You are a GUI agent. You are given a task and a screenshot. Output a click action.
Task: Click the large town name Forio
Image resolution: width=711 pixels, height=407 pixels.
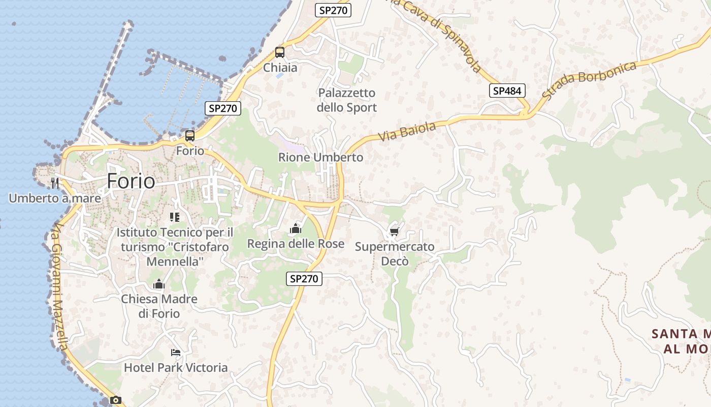[x=131, y=181]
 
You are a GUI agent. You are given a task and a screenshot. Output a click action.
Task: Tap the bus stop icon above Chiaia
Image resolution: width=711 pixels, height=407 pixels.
[x=280, y=52]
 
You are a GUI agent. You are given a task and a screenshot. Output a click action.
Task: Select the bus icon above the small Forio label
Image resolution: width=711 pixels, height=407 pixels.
[x=189, y=136]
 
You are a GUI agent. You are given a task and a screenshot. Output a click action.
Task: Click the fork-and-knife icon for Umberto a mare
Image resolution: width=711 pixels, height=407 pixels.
[x=55, y=183]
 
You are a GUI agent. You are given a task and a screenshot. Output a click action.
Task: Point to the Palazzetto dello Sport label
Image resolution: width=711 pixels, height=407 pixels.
[x=347, y=100]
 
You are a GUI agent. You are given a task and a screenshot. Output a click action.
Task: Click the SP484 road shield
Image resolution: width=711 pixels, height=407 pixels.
[x=507, y=91]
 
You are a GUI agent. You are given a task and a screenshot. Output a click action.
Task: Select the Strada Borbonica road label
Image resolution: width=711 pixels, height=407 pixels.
[x=589, y=80]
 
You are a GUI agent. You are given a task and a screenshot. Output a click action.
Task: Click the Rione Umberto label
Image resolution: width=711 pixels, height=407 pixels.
[x=320, y=158]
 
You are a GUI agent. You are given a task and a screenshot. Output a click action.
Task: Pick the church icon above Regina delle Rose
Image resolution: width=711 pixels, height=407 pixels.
[x=295, y=229]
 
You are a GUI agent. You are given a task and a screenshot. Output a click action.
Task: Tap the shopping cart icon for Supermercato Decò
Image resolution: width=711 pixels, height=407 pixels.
[x=395, y=232]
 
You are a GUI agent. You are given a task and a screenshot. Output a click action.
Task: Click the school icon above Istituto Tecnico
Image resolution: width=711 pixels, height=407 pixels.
[x=175, y=217]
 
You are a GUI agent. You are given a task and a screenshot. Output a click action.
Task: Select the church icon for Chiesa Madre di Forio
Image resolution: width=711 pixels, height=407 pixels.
[x=159, y=284]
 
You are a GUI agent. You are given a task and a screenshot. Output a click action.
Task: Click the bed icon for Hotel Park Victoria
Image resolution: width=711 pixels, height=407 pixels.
[x=176, y=352]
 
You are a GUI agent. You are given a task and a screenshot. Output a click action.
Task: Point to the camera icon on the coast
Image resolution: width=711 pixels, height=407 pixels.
[x=116, y=400]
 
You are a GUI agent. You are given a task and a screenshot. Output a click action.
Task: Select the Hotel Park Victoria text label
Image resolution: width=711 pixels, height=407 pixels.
[x=176, y=367]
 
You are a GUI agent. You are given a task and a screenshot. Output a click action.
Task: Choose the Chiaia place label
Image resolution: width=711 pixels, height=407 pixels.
[x=280, y=68]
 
